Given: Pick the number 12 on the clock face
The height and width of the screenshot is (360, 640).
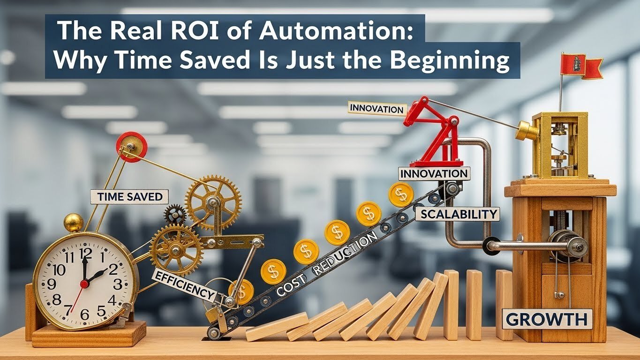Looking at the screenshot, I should [x=85, y=254].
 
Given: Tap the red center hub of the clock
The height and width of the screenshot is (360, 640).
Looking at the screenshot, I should [x=84, y=284].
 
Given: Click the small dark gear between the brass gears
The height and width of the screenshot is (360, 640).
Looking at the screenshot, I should [x=174, y=215].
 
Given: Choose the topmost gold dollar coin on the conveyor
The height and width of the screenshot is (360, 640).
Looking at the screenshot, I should [x=401, y=195].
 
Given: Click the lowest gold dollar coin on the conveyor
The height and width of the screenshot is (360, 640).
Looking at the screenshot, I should [x=241, y=291].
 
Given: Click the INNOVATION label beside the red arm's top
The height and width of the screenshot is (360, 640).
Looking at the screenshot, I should [x=376, y=109].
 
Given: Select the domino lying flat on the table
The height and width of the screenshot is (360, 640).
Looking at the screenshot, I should [x=277, y=326].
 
